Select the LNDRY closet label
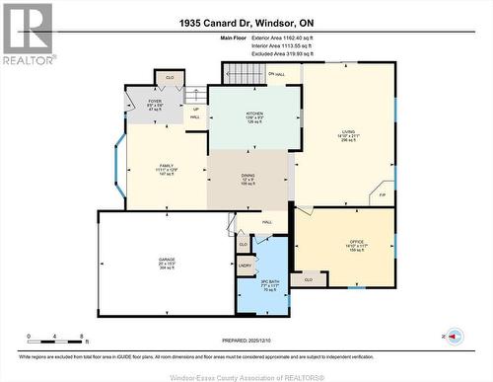click(x=245, y=265)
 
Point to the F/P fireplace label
click(x=383, y=194)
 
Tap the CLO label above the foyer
click(x=170, y=77)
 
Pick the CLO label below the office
click(x=309, y=279)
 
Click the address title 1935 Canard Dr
click(x=246, y=22)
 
